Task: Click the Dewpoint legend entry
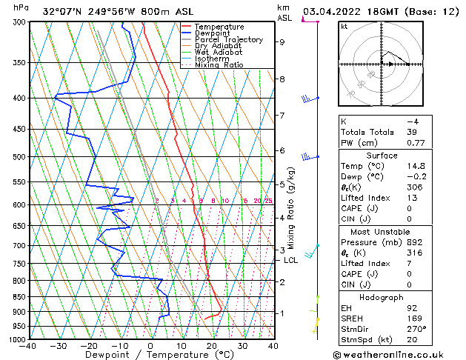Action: coord(214,33)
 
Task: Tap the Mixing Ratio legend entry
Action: coord(219,65)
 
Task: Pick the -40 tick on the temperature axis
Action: coord(29,345)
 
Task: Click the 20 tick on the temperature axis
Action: coord(211,345)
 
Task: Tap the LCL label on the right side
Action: coord(290,260)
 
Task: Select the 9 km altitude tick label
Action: coord(282,42)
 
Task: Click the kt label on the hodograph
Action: coord(344,26)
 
